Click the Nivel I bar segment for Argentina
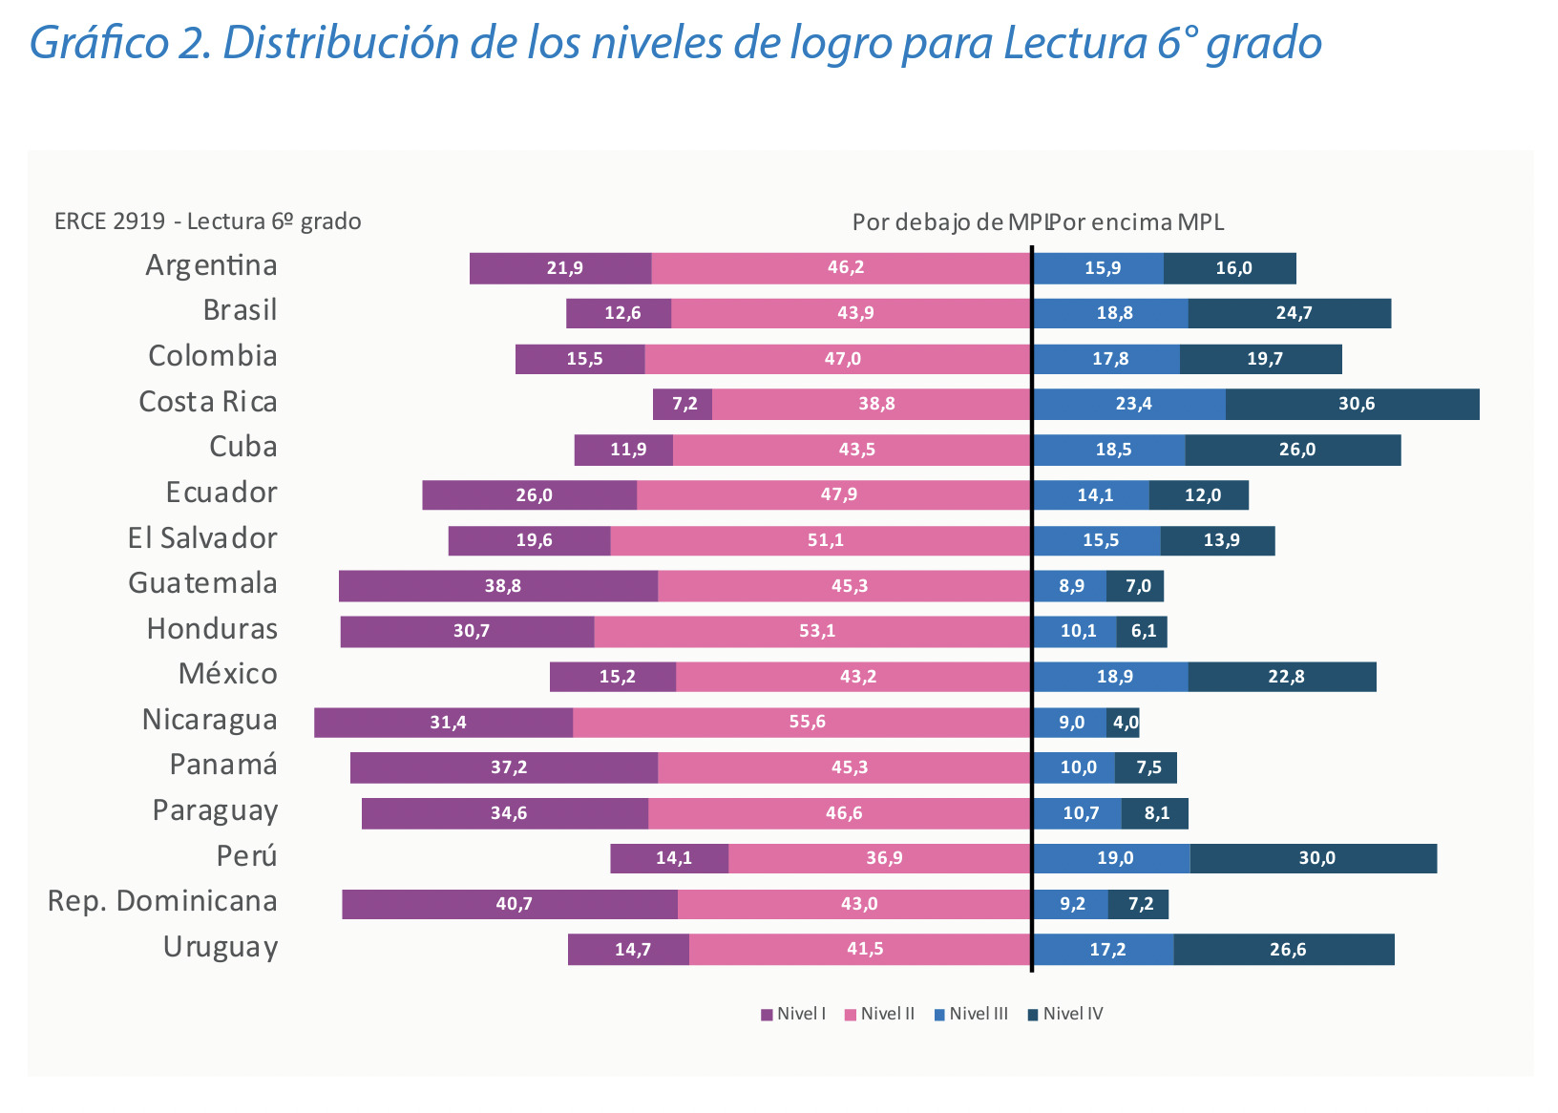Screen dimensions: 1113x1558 (x=560, y=268)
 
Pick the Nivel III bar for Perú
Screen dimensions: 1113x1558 (x=1112, y=858)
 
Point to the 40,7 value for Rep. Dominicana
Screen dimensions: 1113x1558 (x=514, y=904)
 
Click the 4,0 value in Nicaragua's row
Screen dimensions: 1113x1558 (x=1126, y=723)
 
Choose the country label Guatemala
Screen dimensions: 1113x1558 (x=202, y=583)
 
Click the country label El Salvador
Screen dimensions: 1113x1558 (x=202, y=538)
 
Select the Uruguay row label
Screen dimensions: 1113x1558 (x=221, y=947)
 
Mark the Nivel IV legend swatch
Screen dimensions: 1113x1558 (x=1033, y=1015)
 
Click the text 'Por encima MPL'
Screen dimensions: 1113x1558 (x=1138, y=222)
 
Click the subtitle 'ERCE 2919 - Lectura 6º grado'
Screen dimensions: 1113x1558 (x=207, y=221)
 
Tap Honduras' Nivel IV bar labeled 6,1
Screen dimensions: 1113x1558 (x=1142, y=631)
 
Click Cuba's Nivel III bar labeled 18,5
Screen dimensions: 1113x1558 (x=1109, y=450)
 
